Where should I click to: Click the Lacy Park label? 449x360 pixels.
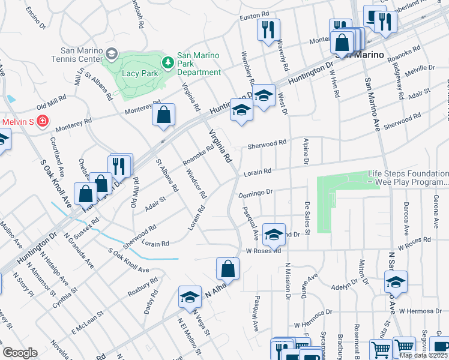tap(139, 73)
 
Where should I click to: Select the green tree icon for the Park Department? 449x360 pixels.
tap(169, 61)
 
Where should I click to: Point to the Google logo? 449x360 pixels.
tap(19, 353)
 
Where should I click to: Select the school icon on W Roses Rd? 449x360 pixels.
tap(274, 235)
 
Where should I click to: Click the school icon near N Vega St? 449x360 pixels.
tap(190, 296)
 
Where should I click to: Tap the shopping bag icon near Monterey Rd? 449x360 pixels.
tap(163, 115)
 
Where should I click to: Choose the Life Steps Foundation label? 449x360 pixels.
tap(408, 178)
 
